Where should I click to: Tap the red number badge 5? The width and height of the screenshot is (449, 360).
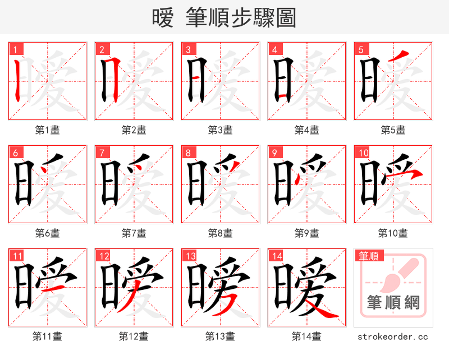(x=360, y=49)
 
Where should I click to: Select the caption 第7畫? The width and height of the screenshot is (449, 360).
(x=134, y=233)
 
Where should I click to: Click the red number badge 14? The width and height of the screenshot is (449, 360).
(x=276, y=256)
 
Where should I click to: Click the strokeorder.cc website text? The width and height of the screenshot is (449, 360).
(x=393, y=336)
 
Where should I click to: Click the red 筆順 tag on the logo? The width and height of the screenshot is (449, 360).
(x=369, y=256)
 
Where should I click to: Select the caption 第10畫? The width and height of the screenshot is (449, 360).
(x=393, y=233)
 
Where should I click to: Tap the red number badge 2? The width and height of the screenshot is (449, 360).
(x=101, y=49)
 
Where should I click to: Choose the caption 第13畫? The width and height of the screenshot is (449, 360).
(x=220, y=336)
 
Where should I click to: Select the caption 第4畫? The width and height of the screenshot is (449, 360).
(x=306, y=130)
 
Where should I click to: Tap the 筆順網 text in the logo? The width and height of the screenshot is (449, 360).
(x=393, y=303)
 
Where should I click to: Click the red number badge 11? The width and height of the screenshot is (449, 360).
(x=17, y=256)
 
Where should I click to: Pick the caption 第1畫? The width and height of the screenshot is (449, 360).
(x=47, y=130)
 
